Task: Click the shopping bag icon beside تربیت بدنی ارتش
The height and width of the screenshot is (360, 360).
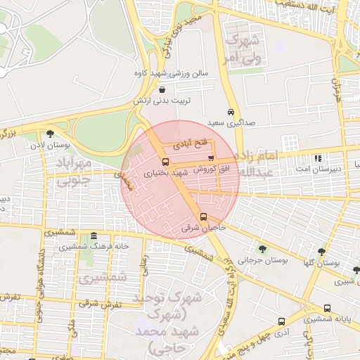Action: [x=163, y=89]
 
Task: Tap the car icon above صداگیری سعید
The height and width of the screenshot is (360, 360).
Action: [x=231, y=112]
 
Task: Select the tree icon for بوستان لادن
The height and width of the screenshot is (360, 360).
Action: [x=49, y=134]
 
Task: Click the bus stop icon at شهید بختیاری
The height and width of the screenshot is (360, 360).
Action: [x=165, y=162]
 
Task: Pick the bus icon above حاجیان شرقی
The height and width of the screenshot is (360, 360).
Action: [x=203, y=217]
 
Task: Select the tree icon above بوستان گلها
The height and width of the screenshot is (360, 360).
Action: [x=321, y=251]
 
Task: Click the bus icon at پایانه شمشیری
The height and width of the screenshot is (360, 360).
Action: [x=328, y=308]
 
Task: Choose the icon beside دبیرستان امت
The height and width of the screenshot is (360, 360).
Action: [x=318, y=158]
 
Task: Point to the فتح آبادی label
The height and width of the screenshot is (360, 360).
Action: [x=194, y=143]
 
